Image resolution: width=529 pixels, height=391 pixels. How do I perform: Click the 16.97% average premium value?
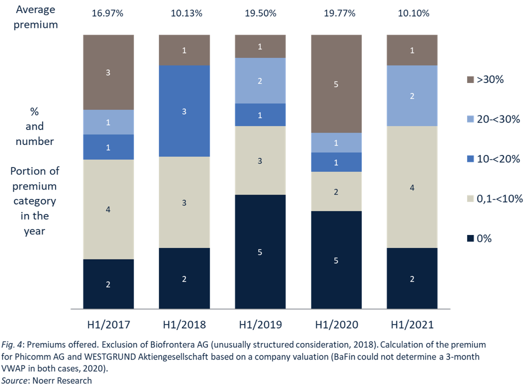pos(108,13)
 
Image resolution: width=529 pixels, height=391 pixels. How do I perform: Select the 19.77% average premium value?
pos(336,13)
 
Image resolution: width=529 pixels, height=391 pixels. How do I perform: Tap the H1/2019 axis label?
pos(260,324)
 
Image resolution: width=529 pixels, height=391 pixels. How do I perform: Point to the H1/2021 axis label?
pos(412,324)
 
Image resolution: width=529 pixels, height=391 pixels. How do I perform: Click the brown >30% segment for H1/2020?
pos(336,84)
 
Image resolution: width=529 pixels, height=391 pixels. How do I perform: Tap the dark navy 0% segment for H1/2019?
pos(260,251)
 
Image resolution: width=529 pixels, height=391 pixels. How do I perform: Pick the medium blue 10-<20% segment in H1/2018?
pos(184,111)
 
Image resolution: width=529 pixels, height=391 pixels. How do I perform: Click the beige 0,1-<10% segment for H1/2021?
pos(412,187)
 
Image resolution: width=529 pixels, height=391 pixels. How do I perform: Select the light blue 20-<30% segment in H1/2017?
pos(108,122)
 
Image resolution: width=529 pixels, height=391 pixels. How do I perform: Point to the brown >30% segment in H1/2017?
pos(108,72)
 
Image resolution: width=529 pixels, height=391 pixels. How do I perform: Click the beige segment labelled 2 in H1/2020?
pos(336,191)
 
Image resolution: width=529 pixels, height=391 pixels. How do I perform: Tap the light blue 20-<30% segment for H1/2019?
pos(260,80)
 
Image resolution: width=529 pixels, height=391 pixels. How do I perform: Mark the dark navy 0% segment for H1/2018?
pos(184,278)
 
